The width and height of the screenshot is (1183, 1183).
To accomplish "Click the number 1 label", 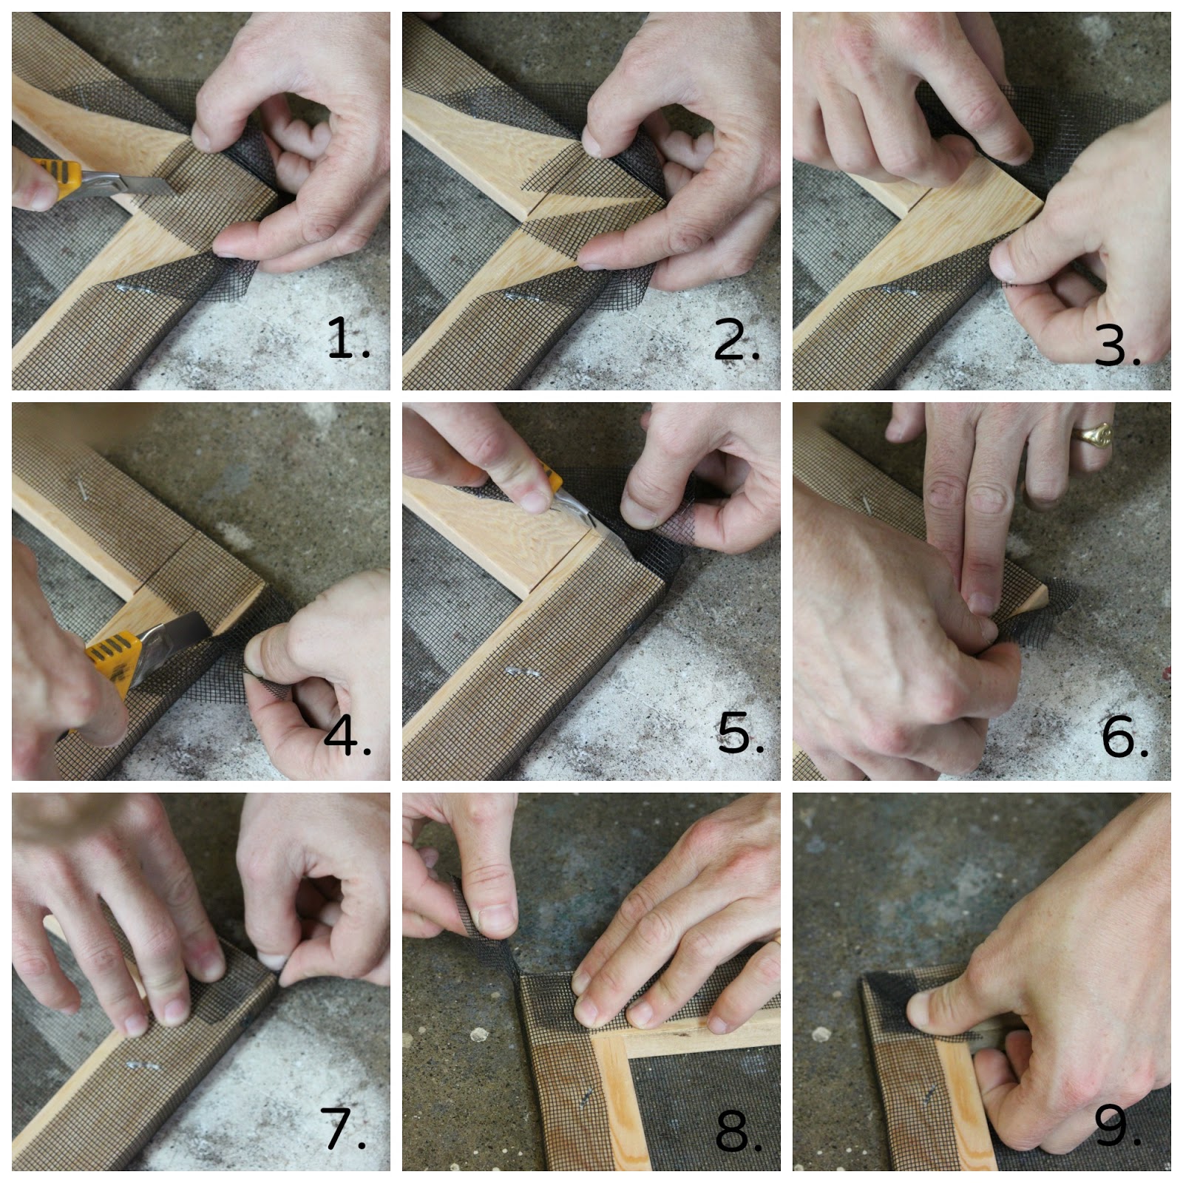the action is click(348, 338).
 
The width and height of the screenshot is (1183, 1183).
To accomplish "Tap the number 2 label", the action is click(736, 339).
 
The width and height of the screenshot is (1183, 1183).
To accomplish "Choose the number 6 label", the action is click(1125, 736).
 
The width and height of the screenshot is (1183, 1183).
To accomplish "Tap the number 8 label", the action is click(738, 1131).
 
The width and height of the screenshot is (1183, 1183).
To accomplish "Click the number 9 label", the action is click(1117, 1126).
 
